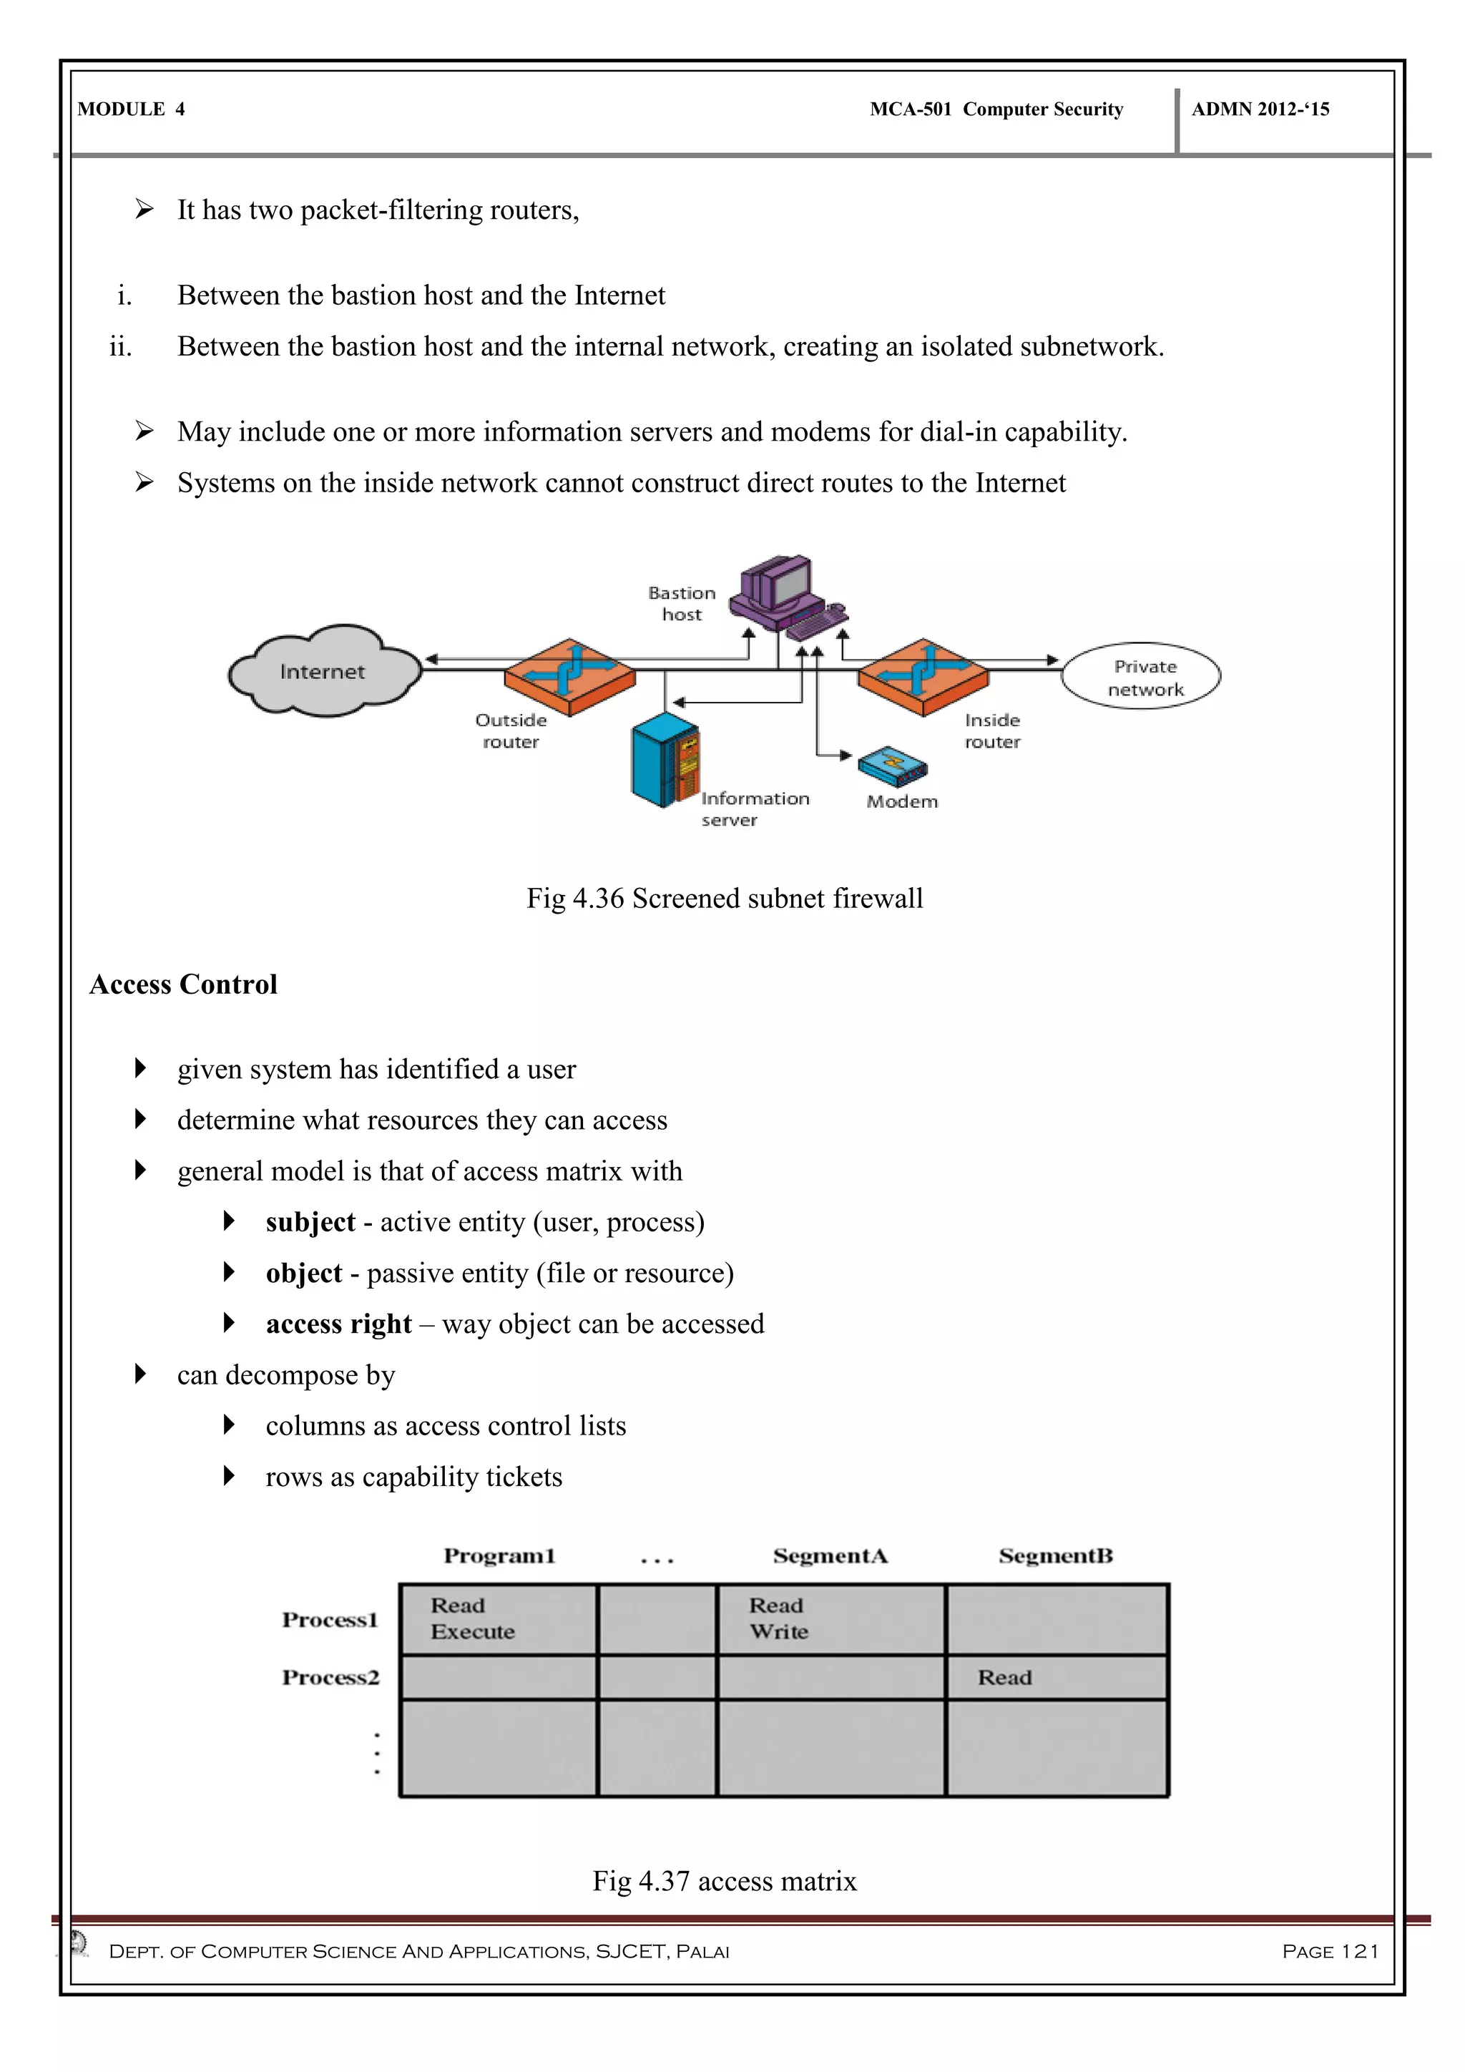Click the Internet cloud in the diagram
tap(323, 671)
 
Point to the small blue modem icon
tap(892, 767)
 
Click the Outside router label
tap(511, 731)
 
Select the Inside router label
tap(992, 731)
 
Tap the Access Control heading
tap(183, 984)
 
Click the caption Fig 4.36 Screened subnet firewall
tap(725, 898)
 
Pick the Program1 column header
tap(499, 1556)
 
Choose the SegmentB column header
tap(1055, 1556)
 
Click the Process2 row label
tap(330, 1678)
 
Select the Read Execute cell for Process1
tap(497, 1619)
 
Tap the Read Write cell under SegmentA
tap(830, 1619)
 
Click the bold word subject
tap(310, 1222)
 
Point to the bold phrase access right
tap(338, 1324)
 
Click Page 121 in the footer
tap(1330, 1952)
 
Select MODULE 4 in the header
tap(132, 109)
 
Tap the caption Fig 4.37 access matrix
tap(725, 1881)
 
